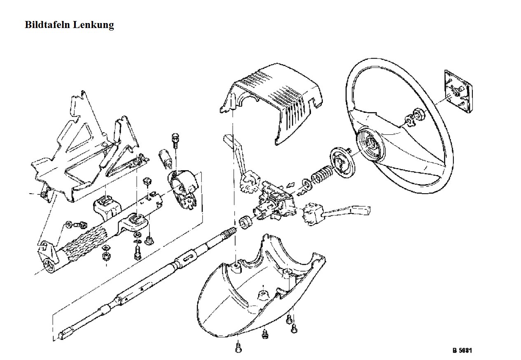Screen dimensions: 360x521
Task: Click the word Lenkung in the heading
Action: pos(93,25)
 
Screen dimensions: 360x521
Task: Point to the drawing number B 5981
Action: pos(462,351)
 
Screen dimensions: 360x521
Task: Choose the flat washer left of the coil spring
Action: pos(306,182)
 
